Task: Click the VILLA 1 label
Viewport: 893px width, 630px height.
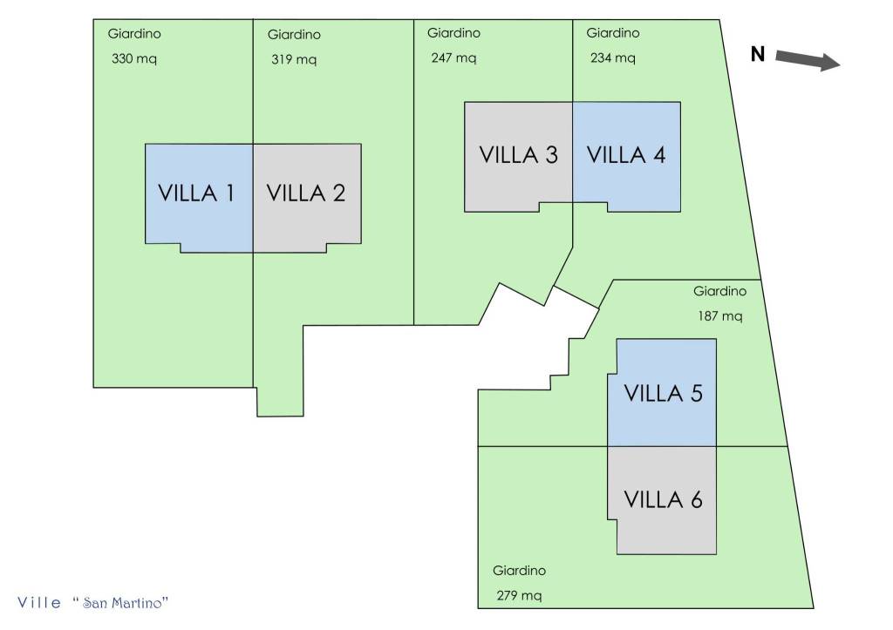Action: click(x=196, y=193)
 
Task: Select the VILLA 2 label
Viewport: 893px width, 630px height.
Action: click(x=305, y=193)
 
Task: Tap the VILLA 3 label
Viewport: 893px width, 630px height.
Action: click(x=519, y=154)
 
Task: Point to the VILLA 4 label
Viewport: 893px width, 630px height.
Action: click(x=626, y=154)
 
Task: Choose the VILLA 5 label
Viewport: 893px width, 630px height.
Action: click(x=664, y=393)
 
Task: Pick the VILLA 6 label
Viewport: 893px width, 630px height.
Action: click(x=664, y=499)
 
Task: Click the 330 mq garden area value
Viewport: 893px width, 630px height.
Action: click(x=133, y=59)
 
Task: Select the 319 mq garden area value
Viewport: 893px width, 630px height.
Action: click(x=294, y=60)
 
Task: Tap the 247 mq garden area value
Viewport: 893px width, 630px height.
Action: click(x=453, y=58)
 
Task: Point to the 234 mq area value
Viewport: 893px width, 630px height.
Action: click(x=612, y=58)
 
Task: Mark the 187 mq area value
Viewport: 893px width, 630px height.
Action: click(x=719, y=315)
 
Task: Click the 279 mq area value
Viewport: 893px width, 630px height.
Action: click(x=519, y=597)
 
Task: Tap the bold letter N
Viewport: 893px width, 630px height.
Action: click(x=758, y=55)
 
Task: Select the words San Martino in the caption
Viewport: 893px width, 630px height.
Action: click(x=125, y=602)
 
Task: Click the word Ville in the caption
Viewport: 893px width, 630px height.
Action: click(x=40, y=602)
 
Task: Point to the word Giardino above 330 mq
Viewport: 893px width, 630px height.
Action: click(x=134, y=34)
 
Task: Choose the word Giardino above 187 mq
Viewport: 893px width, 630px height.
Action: click(x=719, y=291)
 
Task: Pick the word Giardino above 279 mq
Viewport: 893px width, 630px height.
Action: click(x=519, y=571)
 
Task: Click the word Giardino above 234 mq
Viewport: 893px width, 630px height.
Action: click(x=612, y=33)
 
